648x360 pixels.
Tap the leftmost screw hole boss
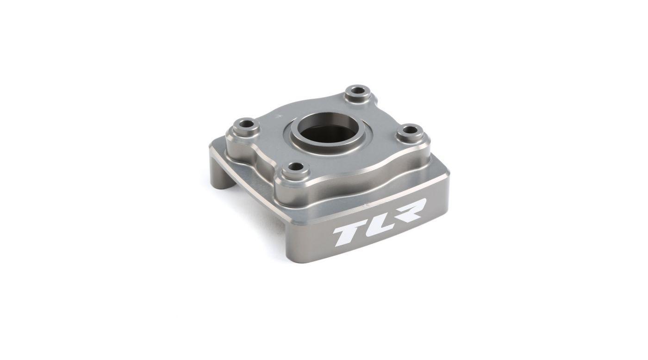point(246,126)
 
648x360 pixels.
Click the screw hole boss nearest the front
point(296,170)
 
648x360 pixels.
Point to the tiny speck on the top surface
point(280,115)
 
